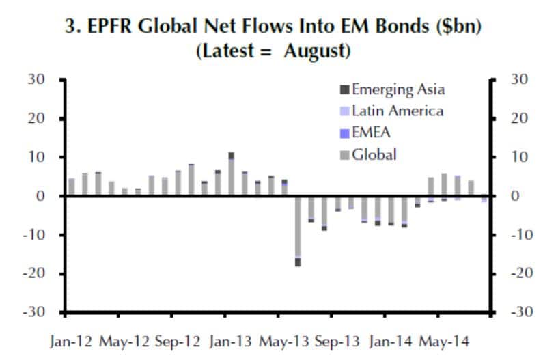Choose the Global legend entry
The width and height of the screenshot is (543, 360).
(x=373, y=154)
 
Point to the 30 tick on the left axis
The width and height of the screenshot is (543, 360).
(x=36, y=80)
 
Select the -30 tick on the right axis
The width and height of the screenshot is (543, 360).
(x=520, y=312)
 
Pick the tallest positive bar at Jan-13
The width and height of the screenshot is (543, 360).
(x=232, y=175)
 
